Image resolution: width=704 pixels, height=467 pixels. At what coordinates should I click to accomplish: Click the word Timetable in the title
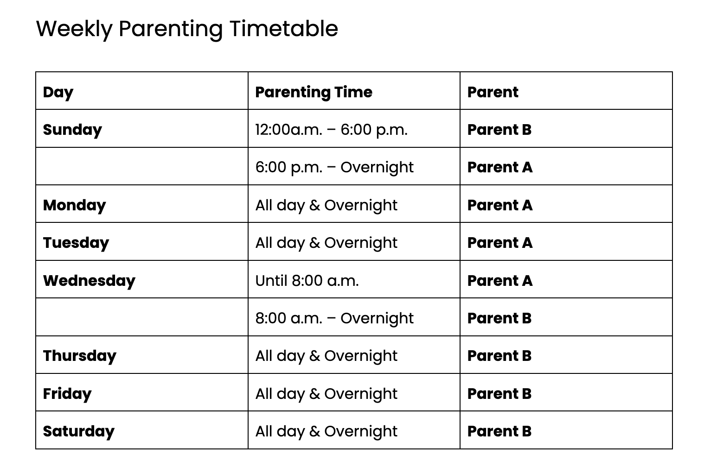[x=283, y=29]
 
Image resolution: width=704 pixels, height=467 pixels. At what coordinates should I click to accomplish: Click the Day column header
[x=58, y=92]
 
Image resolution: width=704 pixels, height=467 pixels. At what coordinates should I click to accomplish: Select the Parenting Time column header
[x=314, y=92]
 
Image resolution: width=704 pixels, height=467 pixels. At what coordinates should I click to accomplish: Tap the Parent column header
[x=493, y=92]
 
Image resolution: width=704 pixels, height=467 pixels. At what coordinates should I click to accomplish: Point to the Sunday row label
[x=72, y=130]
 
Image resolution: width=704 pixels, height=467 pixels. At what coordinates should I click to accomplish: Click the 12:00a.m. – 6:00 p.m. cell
[x=331, y=130]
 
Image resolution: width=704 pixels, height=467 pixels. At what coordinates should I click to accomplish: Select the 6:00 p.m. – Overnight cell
[x=334, y=167]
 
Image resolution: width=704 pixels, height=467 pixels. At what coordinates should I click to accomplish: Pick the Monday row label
[x=74, y=205]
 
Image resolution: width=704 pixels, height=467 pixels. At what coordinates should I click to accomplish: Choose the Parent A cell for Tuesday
[x=499, y=243]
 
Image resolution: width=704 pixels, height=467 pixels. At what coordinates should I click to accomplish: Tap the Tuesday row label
[x=76, y=243]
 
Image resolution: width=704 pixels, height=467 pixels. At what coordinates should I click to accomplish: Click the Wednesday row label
[x=89, y=280]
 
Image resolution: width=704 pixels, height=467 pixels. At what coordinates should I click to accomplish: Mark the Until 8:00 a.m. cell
[x=307, y=280]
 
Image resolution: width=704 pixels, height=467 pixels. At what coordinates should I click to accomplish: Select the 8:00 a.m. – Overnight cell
[x=334, y=318]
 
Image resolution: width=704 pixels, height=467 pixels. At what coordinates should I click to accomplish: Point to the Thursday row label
[x=79, y=356]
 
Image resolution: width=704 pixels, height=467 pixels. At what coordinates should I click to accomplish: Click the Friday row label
[x=67, y=393]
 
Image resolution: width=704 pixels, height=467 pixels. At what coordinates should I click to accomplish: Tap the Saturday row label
[x=78, y=431]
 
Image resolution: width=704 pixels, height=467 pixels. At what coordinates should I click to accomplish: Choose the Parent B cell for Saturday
[x=499, y=431]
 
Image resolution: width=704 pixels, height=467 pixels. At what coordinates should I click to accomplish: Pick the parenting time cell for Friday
[x=326, y=393]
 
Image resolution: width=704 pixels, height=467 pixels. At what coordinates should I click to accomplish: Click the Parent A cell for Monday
[x=499, y=205]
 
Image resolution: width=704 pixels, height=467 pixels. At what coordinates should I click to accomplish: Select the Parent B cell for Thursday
[x=499, y=356]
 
